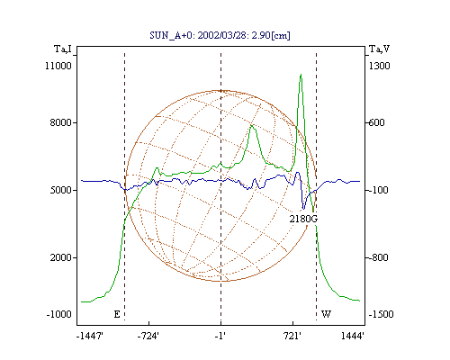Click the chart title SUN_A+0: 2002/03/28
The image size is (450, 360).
(196, 35)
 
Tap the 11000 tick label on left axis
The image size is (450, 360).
(58, 66)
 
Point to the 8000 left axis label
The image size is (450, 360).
(61, 122)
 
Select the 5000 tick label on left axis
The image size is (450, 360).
(61, 190)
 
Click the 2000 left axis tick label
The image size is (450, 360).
(61, 257)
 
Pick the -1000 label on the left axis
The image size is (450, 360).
(58, 314)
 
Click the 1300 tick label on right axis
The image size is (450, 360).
(379, 66)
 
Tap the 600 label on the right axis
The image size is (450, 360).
(376, 122)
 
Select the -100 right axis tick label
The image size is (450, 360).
(378, 190)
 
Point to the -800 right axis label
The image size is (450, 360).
(378, 257)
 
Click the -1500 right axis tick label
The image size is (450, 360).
(381, 314)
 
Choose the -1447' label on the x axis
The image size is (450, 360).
(90, 337)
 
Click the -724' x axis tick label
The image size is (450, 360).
(148, 337)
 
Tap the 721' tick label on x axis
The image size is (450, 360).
(292, 337)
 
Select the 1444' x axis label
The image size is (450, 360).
(353, 337)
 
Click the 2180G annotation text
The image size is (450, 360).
(303, 219)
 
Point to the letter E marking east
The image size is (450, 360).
(117, 314)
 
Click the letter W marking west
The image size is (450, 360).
(326, 314)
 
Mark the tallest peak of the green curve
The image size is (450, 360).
(301, 74)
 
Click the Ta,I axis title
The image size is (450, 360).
(63, 49)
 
